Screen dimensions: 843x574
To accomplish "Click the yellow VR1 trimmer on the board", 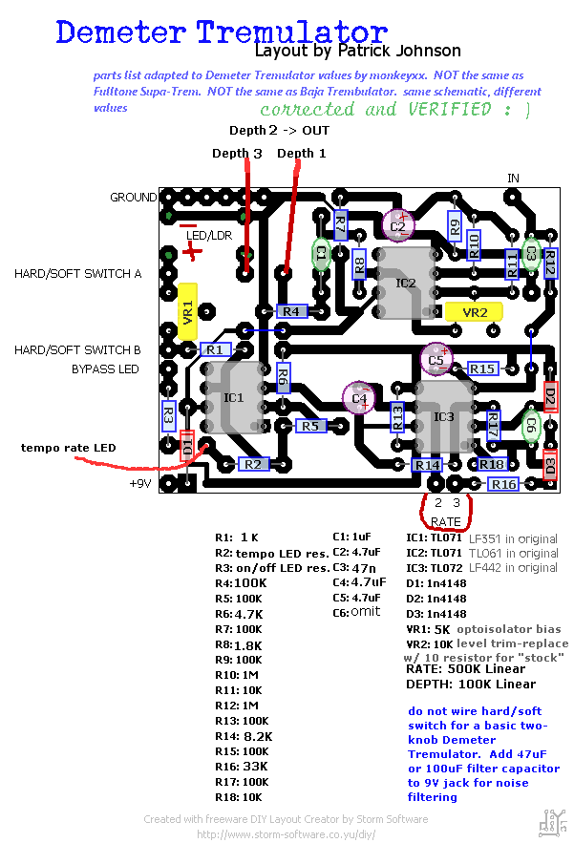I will click(x=187, y=309).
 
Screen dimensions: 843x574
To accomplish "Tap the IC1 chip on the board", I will click(x=233, y=397).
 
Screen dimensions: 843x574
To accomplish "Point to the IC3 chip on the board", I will click(x=444, y=416).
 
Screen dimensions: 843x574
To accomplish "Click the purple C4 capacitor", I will click(x=360, y=398).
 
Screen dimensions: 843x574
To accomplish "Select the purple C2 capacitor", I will click(x=398, y=226).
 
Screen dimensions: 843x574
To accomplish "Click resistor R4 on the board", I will click(x=291, y=311).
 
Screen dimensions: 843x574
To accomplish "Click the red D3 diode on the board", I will click(x=549, y=468).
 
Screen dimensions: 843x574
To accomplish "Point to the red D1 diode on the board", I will click(x=187, y=445).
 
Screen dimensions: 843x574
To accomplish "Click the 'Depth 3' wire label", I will click(x=237, y=154).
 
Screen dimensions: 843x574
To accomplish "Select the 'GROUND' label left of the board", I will click(x=133, y=198).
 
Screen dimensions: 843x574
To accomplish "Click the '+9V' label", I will click(x=141, y=483).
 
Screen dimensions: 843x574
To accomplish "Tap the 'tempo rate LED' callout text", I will click(x=69, y=448).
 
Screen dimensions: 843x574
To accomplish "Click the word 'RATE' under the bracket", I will click(x=446, y=522).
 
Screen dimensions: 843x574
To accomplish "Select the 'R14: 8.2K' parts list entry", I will click(x=244, y=737).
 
